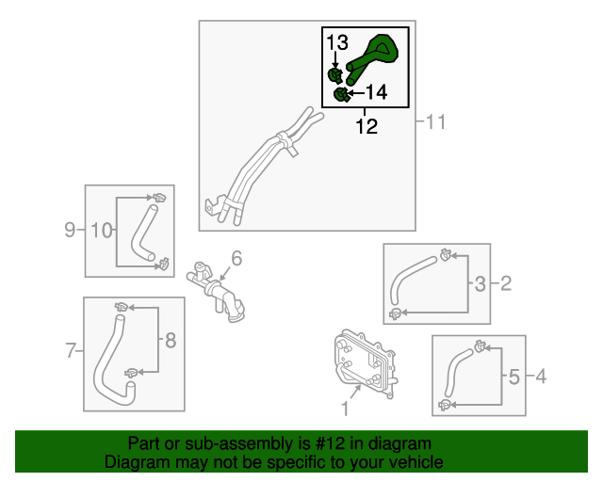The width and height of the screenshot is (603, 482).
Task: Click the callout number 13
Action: pyautogui.click(x=337, y=42)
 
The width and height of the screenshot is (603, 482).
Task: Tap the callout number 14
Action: pyautogui.click(x=376, y=92)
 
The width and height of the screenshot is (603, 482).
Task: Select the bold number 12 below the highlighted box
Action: pyautogui.click(x=367, y=126)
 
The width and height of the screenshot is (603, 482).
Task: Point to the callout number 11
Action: pyautogui.click(x=435, y=121)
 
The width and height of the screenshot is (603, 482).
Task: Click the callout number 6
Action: pyautogui.click(x=236, y=258)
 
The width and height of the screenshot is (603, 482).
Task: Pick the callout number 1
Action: pyautogui.click(x=345, y=409)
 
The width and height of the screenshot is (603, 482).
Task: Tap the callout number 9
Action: pyautogui.click(x=70, y=230)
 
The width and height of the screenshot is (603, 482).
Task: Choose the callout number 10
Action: pyautogui.click(x=102, y=230)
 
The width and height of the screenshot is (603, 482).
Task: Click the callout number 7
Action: pyautogui.click(x=71, y=350)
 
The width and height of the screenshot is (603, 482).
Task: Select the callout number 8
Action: pyautogui.click(x=171, y=340)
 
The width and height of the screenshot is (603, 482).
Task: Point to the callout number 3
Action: pyautogui.click(x=480, y=284)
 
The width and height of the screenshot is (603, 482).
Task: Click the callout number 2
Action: pyautogui.click(x=506, y=283)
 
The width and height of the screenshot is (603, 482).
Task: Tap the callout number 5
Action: pyautogui.click(x=514, y=377)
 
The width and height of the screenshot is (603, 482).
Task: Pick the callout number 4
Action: pyautogui.click(x=541, y=376)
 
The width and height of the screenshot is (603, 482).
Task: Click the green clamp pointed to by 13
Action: pyautogui.click(x=335, y=75)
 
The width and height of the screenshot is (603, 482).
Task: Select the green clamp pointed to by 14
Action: pyautogui.click(x=342, y=94)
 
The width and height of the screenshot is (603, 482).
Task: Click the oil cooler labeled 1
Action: pyautogui.click(x=365, y=362)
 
